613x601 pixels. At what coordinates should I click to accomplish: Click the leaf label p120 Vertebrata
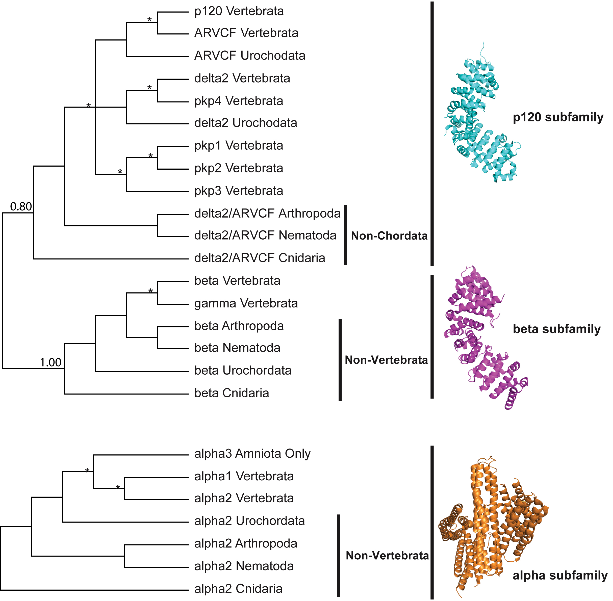point(239,11)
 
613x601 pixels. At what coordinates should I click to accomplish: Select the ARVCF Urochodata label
point(250,56)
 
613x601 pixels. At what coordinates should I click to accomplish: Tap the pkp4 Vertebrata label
point(239,101)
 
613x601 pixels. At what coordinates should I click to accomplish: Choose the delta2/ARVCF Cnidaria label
point(260,258)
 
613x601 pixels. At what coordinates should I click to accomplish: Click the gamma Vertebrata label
point(246,303)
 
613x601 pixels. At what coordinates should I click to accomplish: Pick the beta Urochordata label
point(243,370)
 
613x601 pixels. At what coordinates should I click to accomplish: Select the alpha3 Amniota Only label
point(252,454)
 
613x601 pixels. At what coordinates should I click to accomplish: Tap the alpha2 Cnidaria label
point(238,589)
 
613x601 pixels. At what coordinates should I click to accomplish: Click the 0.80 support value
point(21,206)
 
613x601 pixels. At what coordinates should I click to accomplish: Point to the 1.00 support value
point(50,362)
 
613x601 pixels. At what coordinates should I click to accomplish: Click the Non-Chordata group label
point(389,236)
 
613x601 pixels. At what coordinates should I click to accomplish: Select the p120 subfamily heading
point(558,117)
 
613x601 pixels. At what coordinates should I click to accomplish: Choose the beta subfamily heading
point(557,329)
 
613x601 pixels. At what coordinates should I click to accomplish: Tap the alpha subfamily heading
point(560,576)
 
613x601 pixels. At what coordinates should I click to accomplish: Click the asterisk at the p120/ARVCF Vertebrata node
point(149,20)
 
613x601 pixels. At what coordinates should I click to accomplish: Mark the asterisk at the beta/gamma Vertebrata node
point(150,291)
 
